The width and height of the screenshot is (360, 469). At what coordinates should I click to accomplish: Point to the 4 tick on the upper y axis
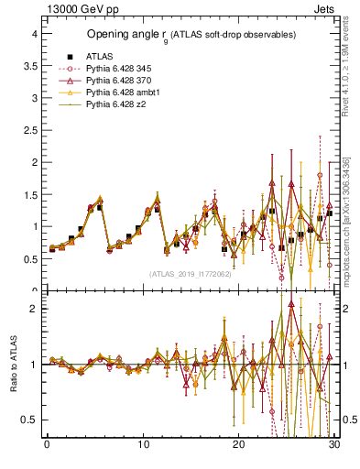(x=33, y=34)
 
